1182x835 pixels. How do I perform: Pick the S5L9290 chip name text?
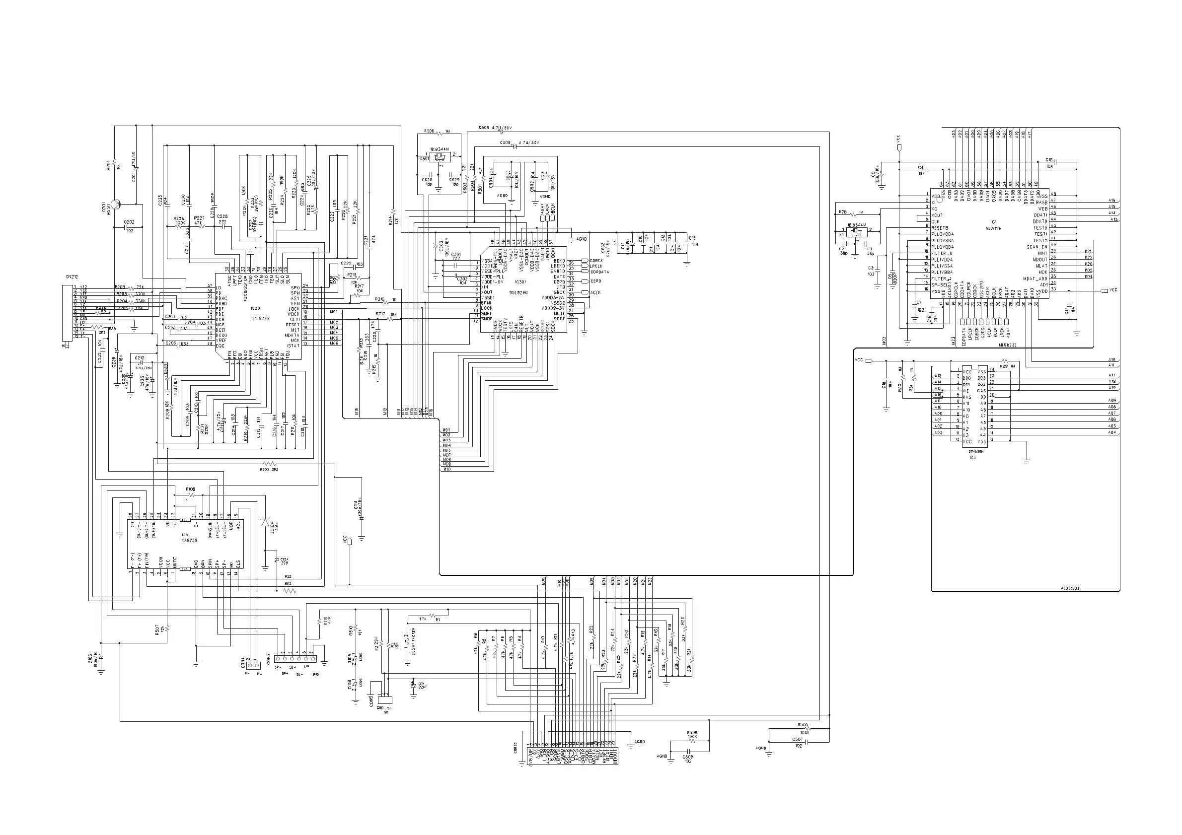coord(518,292)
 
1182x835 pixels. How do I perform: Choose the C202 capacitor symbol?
coord(129,227)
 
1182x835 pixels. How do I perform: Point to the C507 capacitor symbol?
coord(806,742)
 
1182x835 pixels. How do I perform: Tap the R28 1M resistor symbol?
coord(854,213)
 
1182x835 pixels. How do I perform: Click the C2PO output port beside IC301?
coord(585,281)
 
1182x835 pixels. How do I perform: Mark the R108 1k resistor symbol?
coord(191,495)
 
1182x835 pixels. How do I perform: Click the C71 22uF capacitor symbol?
coord(413,686)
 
